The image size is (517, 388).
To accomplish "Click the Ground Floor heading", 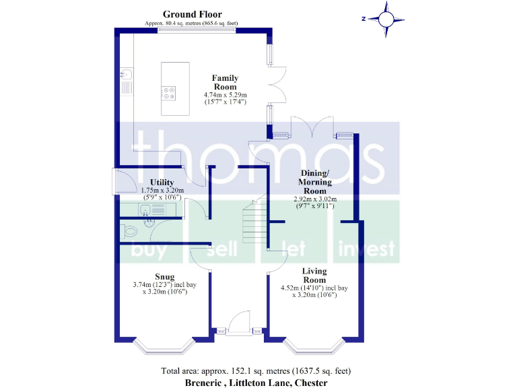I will click(192, 14).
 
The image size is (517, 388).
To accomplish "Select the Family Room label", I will click(226, 82).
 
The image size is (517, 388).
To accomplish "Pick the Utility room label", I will click(162, 183).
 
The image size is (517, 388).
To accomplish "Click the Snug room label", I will click(165, 276).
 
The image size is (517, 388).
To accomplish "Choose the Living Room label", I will click(314, 276).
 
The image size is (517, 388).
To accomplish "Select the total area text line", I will click(256, 370).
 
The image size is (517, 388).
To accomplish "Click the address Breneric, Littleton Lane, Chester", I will click(256, 382).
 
